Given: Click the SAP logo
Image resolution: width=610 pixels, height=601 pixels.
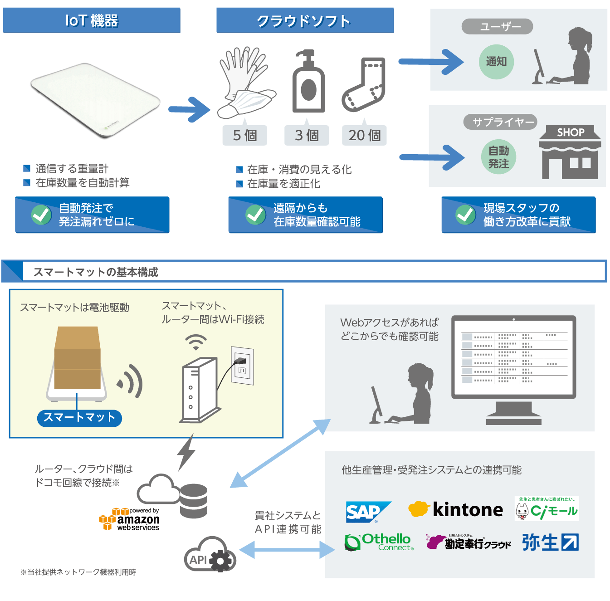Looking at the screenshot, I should pyautogui.click(x=367, y=512).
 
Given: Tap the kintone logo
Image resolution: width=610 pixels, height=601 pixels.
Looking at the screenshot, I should pyautogui.click(x=455, y=510).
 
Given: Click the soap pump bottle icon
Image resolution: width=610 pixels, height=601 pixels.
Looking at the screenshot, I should pyautogui.click(x=308, y=82).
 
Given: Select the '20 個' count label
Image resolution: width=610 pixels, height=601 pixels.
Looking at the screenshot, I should pyautogui.click(x=364, y=135).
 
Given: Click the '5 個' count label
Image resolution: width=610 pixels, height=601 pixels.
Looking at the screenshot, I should pyautogui.click(x=244, y=135).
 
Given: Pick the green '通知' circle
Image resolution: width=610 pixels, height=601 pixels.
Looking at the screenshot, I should pyautogui.click(x=496, y=62).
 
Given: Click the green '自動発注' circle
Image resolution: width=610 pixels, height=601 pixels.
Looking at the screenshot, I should pyautogui.click(x=498, y=157).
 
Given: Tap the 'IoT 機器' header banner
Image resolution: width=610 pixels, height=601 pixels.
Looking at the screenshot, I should pyautogui.click(x=92, y=20).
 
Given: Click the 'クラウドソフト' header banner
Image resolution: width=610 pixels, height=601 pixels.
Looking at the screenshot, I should pyautogui.click(x=305, y=20).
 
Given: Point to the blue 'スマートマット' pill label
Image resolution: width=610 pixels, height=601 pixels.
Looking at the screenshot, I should pyautogui.click(x=79, y=417).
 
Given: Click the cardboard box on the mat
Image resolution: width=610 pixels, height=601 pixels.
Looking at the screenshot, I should pyautogui.click(x=77, y=358).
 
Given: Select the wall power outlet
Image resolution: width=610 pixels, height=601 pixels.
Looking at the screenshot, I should pyautogui.click(x=242, y=366).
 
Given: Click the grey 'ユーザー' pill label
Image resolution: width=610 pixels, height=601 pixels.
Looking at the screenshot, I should pyautogui.click(x=497, y=26).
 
